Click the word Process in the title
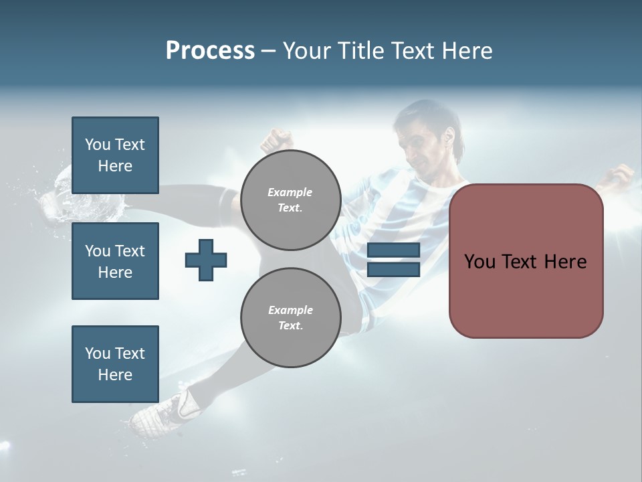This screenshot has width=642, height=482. [x=210, y=51]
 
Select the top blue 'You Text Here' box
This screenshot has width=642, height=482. [x=115, y=155]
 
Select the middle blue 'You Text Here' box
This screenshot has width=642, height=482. [x=115, y=261]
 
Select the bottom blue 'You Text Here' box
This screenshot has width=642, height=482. [x=115, y=364]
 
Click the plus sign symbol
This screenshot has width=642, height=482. [x=206, y=260]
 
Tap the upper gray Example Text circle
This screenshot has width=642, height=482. [x=290, y=199]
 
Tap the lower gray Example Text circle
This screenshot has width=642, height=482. [x=290, y=317]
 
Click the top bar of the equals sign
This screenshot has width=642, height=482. [x=393, y=250]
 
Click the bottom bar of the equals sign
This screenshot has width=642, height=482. [x=393, y=270]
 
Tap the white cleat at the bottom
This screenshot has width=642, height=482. [x=160, y=412]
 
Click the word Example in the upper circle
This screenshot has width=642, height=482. [x=290, y=192]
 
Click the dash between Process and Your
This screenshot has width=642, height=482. [x=268, y=51]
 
